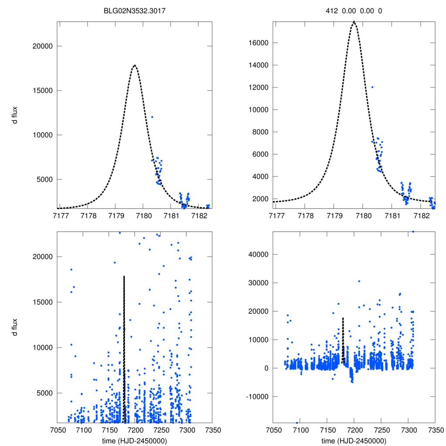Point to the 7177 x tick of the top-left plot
click(60, 216)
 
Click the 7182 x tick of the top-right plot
click(422, 216)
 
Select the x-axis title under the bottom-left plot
click(135, 440)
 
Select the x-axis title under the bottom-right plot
click(354, 440)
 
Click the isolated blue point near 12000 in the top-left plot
click(152, 117)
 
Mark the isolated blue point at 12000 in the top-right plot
click(372, 87)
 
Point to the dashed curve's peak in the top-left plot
click(135, 65)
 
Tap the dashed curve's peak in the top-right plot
click(354, 21)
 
